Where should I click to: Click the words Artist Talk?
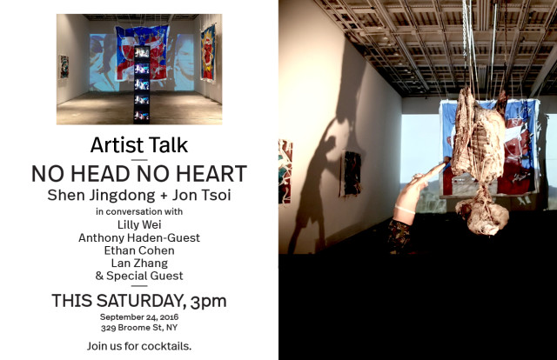coord(139,144)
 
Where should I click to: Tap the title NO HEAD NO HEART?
coord(139,173)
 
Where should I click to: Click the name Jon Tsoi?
coord(194,195)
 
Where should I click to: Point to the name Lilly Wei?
coord(139,223)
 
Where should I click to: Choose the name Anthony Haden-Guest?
coord(139,237)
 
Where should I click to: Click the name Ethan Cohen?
coord(139,250)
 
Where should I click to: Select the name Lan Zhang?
coord(139,263)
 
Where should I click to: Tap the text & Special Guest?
coord(139,276)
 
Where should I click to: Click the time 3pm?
coord(208,302)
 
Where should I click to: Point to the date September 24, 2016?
coord(139,317)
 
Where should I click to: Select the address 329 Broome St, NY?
coord(139,328)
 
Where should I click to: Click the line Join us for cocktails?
coord(139,345)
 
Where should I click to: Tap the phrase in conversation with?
coord(139,210)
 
